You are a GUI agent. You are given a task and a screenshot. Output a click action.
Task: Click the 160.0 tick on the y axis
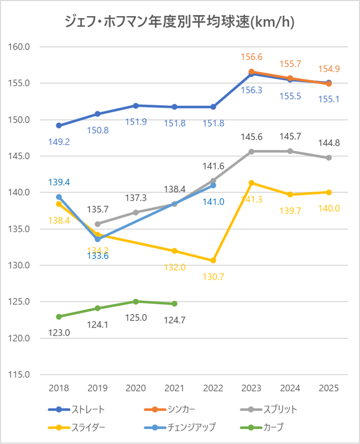click(20, 47)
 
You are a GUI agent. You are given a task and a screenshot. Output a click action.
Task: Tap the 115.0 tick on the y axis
click(20, 375)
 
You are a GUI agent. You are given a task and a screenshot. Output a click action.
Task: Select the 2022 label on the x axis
click(213, 388)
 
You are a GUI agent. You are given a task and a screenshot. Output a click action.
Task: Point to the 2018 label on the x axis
click(59, 388)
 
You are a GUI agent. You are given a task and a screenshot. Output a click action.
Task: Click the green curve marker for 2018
click(59, 317)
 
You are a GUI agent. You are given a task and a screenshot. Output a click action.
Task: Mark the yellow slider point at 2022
click(213, 261)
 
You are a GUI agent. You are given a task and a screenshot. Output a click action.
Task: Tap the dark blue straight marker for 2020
click(136, 105)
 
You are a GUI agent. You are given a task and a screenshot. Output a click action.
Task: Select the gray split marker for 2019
click(98, 224)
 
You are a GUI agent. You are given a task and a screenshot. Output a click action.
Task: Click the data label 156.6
click(252, 57)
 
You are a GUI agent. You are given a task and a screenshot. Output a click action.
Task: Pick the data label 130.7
click(213, 277)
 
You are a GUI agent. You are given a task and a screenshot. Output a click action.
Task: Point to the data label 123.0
click(59, 333)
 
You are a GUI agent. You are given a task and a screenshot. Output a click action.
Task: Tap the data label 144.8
click(329, 143)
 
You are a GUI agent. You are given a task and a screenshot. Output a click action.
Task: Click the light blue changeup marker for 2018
click(59, 197)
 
